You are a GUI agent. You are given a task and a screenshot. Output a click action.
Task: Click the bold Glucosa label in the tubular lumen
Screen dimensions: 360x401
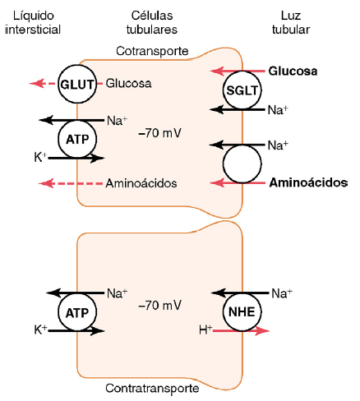click(x=293, y=71)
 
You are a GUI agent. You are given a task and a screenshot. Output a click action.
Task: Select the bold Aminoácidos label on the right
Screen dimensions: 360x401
click(x=308, y=182)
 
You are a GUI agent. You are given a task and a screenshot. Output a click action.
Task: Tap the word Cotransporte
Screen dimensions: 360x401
click(x=152, y=51)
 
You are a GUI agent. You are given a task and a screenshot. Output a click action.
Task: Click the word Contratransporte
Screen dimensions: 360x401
click(x=152, y=388)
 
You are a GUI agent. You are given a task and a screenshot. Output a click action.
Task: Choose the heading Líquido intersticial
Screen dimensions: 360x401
click(x=33, y=22)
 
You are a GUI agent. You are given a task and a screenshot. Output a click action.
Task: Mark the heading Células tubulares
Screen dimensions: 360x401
click(x=152, y=22)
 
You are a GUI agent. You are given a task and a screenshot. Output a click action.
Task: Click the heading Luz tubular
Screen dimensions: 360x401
click(x=291, y=22)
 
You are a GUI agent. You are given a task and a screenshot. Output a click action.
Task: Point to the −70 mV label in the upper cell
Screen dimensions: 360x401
click(x=160, y=133)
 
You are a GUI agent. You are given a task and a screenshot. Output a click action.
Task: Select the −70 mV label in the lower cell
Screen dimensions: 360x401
click(x=160, y=306)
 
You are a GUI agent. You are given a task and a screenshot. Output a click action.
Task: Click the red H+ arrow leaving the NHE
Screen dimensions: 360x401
click(x=241, y=331)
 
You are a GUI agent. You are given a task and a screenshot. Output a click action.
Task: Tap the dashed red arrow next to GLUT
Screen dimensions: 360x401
click(x=44, y=83)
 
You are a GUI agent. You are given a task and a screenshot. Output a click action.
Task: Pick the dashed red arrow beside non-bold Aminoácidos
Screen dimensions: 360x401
click(x=71, y=183)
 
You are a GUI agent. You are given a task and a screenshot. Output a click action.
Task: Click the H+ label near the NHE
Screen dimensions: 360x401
click(x=205, y=330)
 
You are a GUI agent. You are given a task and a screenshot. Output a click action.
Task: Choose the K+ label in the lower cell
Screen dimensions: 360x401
click(x=40, y=330)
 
